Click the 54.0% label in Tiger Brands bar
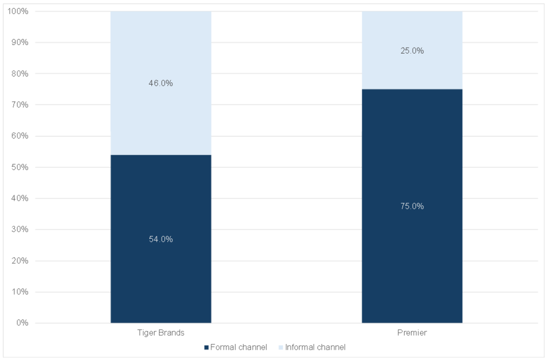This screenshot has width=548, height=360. tap(161, 239)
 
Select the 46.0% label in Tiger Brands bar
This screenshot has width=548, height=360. tap(161, 83)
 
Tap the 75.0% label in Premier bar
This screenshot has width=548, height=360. tap(412, 206)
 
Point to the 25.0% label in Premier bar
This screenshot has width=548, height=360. tap(412, 51)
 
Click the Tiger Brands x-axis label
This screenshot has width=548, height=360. tap(161, 333)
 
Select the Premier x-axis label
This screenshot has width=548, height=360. tap(412, 333)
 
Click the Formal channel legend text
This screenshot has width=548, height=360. tap(239, 347)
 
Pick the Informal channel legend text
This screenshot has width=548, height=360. tap(315, 347)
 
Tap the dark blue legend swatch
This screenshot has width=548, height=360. tap(207, 348)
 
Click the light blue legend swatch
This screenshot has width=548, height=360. tap(281, 348)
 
